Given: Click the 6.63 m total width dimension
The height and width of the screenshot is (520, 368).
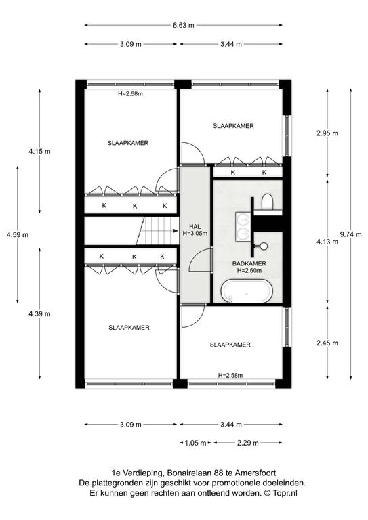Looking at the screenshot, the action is pyautogui.click(x=183, y=25).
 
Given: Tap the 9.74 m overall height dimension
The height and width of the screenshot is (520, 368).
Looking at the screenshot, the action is pyautogui.click(x=351, y=234).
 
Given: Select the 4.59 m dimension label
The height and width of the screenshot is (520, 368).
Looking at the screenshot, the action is pyautogui.click(x=18, y=234).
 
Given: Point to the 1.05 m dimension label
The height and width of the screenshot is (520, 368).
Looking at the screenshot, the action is pyautogui.click(x=196, y=443).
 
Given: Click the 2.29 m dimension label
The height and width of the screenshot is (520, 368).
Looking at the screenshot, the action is pyautogui.click(x=247, y=443).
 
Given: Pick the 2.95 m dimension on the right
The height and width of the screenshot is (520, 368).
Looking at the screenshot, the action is pyautogui.click(x=327, y=133).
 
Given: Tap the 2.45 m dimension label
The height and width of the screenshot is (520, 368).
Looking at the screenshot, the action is pyautogui.click(x=327, y=343).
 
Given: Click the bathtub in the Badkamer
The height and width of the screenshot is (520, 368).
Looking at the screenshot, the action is pyautogui.click(x=247, y=291).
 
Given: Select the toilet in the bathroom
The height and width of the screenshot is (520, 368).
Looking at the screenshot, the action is pyautogui.click(x=267, y=202).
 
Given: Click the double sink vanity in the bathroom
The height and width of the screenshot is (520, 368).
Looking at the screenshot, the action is pyautogui.click(x=243, y=226).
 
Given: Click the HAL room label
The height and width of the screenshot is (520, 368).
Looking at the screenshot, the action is pyautogui.click(x=195, y=227).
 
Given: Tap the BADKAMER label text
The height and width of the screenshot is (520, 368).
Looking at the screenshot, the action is pyautogui.click(x=249, y=263).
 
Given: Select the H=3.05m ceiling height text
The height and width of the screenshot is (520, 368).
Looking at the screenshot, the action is pyautogui.click(x=195, y=233).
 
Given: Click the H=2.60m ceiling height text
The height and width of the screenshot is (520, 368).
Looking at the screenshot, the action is pyautogui.click(x=249, y=271).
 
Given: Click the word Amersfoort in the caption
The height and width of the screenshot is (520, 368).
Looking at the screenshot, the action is pyautogui.click(x=255, y=473).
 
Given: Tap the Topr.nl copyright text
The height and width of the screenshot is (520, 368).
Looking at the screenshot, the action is pyautogui.click(x=285, y=493).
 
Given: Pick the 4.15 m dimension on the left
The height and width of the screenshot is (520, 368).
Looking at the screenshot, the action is pyautogui.click(x=39, y=152).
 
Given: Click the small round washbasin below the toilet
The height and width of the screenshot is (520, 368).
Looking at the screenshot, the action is pyautogui.click(x=264, y=246).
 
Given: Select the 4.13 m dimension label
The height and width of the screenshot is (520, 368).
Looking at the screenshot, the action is pyautogui.click(x=327, y=242).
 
